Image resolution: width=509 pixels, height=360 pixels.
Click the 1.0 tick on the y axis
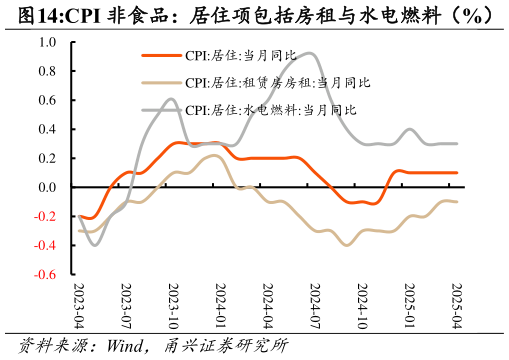tap(48, 43)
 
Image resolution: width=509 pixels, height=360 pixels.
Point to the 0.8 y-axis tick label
tap(48, 72)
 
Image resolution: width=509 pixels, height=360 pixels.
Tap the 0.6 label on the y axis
tap(48, 101)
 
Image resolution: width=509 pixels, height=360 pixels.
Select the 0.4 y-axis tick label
tap(48, 130)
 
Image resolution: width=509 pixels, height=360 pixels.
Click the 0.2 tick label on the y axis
tap(48, 159)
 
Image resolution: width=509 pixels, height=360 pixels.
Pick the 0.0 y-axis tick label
tap(48, 188)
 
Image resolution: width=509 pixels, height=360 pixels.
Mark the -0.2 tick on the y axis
tap(46, 217)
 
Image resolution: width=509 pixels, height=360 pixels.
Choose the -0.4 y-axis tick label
tap(46, 246)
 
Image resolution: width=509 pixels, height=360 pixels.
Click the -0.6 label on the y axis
tap(46, 275)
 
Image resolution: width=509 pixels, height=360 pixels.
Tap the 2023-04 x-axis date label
tap(78, 304)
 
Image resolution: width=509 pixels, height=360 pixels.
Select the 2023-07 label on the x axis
tap(125, 304)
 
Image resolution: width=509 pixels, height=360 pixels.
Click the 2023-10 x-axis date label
tap(172, 304)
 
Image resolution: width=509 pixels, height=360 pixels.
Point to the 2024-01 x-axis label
tap(219, 304)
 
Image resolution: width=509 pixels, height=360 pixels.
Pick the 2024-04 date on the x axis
tap(267, 304)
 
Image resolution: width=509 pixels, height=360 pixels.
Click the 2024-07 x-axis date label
tap(314, 304)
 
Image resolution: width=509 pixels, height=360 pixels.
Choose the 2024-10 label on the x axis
tap(361, 304)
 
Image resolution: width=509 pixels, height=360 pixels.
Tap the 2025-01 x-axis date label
tap(408, 304)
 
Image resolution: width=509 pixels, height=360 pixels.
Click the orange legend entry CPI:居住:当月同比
tap(240, 56)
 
